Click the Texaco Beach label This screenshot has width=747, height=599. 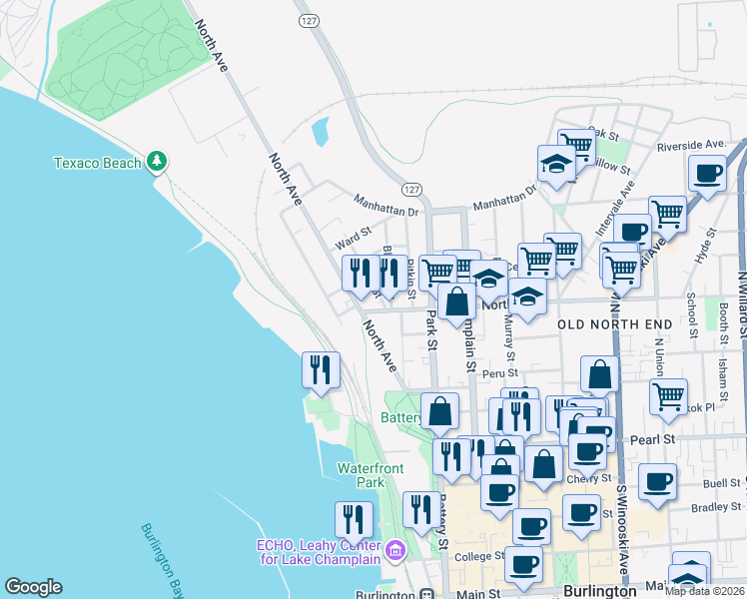(95, 162)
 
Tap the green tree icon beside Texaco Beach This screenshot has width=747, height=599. (156, 161)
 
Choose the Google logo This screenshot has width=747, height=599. (33, 587)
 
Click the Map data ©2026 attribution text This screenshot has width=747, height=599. (704, 590)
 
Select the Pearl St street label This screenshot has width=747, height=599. (654, 439)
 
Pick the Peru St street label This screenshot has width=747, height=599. (495, 373)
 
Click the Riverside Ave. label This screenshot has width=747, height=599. (690, 146)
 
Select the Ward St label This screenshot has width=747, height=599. (354, 241)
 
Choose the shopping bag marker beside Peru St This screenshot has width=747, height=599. (599, 375)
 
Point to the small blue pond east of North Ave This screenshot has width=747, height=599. (320, 132)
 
